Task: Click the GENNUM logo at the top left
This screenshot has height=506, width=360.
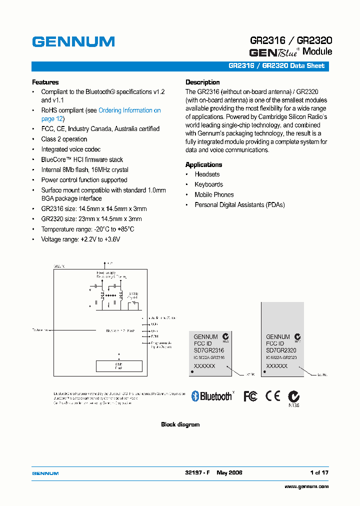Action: click(73, 41)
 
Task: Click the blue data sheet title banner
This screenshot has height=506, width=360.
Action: click(180, 66)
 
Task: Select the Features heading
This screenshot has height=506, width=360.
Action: click(45, 82)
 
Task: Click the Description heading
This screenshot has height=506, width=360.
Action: click(202, 82)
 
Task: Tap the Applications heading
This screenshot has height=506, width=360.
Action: click(203, 164)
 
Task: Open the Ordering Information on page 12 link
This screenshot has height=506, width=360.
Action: click(129, 110)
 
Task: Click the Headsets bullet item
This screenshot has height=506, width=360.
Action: click(207, 174)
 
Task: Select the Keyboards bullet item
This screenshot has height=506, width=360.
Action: click(208, 184)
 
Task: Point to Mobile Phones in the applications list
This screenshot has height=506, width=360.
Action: click(214, 194)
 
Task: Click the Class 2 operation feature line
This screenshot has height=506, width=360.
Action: click(64, 139)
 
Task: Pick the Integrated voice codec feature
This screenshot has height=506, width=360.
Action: click(70, 149)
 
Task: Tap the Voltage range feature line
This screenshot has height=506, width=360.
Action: click(80, 239)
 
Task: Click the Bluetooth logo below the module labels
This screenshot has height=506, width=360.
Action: click(212, 396)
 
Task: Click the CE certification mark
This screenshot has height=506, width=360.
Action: click(272, 396)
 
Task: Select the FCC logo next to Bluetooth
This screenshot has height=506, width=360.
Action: click(250, 396)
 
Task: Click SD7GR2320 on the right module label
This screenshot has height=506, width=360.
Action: click(281, 350)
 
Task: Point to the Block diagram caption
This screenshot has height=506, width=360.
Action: click(180, 424)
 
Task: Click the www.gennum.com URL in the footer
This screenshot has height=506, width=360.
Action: click(306, 486)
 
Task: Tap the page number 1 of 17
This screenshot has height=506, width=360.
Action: click(319, 472)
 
